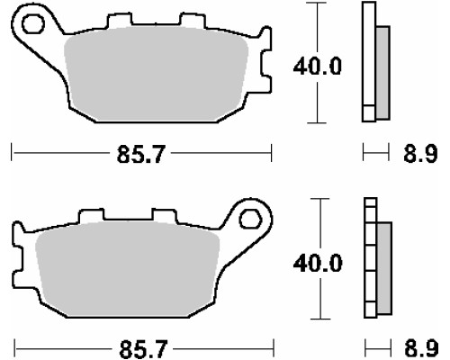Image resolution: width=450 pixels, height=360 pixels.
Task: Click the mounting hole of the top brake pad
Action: click(33, 24)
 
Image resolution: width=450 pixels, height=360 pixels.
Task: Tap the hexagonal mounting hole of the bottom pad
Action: click(250, 220)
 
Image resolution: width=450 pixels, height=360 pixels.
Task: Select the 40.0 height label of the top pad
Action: click(318, 67)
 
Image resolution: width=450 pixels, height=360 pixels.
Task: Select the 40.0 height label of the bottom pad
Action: click(318, 264)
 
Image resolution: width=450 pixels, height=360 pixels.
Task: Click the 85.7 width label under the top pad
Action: click(141, 154)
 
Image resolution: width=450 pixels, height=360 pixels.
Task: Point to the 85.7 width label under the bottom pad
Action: click(143, 349)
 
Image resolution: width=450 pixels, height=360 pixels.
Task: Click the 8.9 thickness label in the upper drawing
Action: click(420, 154)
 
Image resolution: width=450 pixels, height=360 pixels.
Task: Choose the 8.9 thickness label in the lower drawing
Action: click(421, 349)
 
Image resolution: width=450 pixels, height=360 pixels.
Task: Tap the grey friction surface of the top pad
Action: click(156, 74)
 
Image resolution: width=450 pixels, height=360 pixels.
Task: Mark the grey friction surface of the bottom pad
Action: click(128, 268)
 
